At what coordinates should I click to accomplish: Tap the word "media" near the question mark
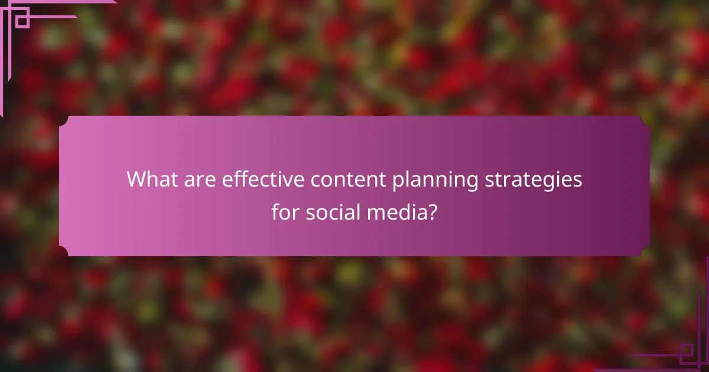tap(395, 212)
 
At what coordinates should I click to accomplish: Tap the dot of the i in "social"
tap(344, 203)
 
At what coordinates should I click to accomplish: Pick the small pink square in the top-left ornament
tap(22, 21)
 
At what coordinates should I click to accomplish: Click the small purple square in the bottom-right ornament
tap(686, 354)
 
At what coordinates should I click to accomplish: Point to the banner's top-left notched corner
tap(64, 120)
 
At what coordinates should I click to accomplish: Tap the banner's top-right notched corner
tap(645, 120)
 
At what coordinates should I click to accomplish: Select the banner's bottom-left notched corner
tap(64, 252)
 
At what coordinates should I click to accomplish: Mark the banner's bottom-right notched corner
tap(645, 252)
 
